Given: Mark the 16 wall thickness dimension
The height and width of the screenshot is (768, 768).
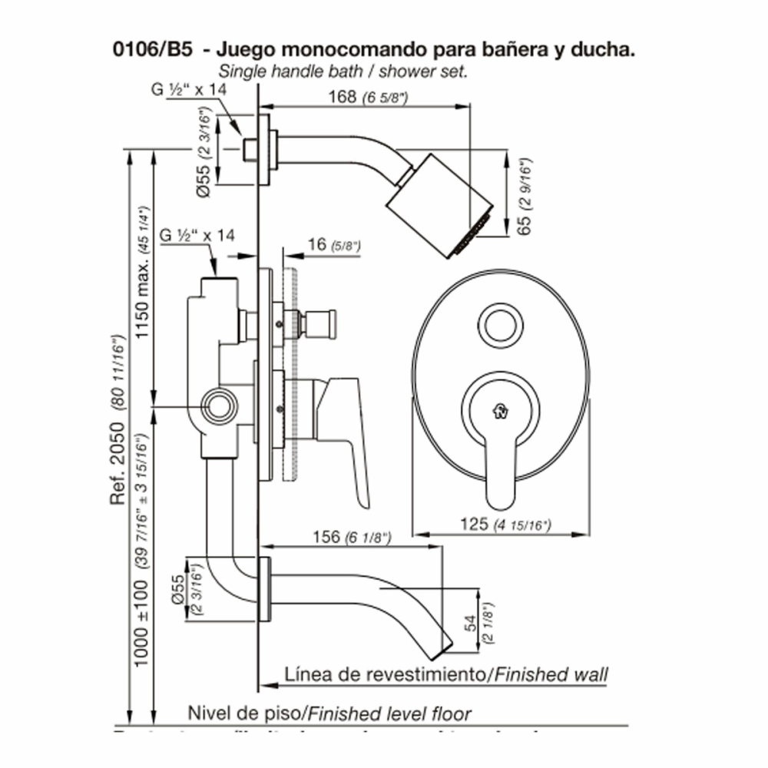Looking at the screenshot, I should pyautogui.click(x=316, y=246).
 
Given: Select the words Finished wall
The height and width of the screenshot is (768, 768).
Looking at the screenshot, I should pyautogui.click(x=551, y=675).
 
